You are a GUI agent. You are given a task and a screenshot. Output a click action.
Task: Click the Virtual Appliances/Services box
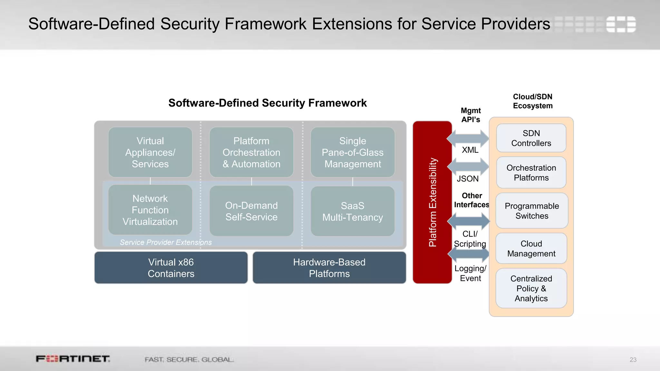click(x=150, y=152)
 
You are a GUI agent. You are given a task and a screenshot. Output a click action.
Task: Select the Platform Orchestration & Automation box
click(x=251, y=152)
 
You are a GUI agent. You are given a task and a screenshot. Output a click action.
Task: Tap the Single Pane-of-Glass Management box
click(x=353, y=152)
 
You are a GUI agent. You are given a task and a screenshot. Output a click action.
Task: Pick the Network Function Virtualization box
click(x=150, y=210)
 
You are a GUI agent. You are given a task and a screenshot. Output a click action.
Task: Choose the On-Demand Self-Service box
click(x=251, y=211)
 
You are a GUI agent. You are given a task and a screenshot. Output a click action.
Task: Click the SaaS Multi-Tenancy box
click(x=353, y=211)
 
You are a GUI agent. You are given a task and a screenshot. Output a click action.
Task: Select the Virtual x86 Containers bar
click(x=171, y=268)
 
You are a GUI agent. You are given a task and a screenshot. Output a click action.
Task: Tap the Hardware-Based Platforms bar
click(x=329, y=268)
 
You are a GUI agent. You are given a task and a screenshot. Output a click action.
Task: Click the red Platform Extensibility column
click(x=432, y=202)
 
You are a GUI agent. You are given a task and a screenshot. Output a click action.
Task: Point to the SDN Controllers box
click(x=531, y=138)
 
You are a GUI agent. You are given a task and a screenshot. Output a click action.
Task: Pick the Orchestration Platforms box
click(x=531, y=173)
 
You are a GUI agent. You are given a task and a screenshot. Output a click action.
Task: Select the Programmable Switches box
click(x=532, y=211)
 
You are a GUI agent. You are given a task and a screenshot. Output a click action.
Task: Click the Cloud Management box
click(x=531, y=248)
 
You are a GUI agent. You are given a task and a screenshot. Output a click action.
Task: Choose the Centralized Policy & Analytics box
click(x=531, y=288)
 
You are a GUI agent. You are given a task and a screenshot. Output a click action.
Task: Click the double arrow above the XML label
click(x=468, y=138)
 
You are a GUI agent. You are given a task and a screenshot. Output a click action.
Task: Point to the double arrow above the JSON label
click(x=468, y=166)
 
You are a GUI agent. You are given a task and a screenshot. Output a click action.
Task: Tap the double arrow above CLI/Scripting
click(x=469, y=221)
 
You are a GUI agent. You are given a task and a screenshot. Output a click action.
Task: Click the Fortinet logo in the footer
click(x=73, y=359)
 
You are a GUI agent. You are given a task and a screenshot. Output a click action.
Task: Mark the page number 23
click(x=633, y=360)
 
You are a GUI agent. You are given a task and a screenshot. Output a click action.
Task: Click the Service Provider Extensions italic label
click(x=166, y=242)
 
